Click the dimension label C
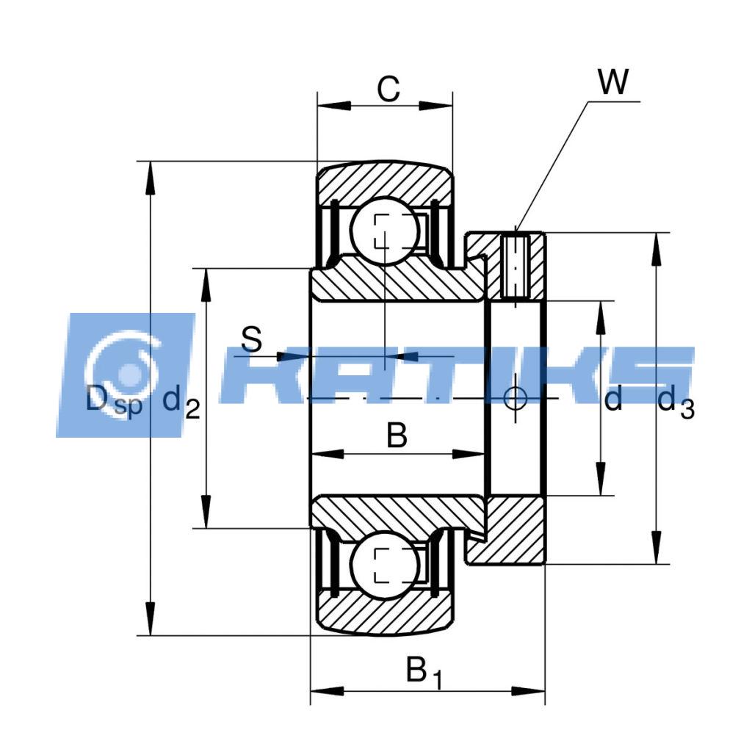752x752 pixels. pyautogui.click(x=388, y=89)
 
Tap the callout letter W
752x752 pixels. pyautogui.click(x=613, y=82)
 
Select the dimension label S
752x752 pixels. pyautogui.click(x=251, y=339)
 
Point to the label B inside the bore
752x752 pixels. pyautogui.click(x=397, y=435)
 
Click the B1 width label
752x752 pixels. pyautogui.click(x=424, y=672)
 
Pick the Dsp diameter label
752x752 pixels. pyautogui.click(x=114, y=401)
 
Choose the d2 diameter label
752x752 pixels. pyautogui.click(x=181, y=402)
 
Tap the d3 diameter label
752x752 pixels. pyautogui.click(x=676, y=402)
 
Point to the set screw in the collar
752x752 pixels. pyautogui.click(x=516, y=267)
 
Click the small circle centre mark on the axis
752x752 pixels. pyautogui.click(x=516, y=398)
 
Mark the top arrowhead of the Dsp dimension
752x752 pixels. pyautogui.click(x=151, y=178)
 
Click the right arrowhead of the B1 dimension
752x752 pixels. pyautogui.click(x=528, y=691)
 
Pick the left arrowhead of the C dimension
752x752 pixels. pyautogui.click(x=334, y=106)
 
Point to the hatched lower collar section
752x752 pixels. pyautogui.click(x=508, y=531)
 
